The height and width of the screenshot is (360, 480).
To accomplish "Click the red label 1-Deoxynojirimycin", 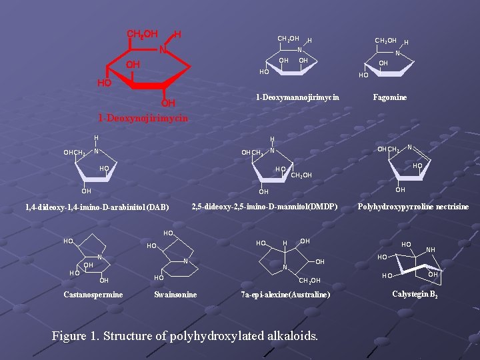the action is click(143, 118).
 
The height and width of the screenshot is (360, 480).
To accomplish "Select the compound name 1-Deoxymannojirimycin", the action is click(297, 97).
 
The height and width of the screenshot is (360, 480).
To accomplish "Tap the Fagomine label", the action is click(390, 97).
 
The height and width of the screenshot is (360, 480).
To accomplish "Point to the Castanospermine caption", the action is click(93, 295).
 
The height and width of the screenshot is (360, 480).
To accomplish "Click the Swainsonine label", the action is click(175, 295).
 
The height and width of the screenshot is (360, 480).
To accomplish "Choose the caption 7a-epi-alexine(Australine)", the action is click(285, 295).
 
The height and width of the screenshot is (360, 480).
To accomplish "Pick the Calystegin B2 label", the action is click(415, 294).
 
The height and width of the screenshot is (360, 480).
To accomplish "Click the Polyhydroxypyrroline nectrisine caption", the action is click(413, 207).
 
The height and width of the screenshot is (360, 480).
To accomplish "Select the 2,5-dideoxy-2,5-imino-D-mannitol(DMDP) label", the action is click(265, 207).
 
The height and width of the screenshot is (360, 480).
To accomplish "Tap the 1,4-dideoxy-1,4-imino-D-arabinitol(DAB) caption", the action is click(97, 207).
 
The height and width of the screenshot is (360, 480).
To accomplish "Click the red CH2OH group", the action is click(143, 34).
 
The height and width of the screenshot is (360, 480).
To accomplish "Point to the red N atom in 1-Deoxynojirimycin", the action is click(163, 49).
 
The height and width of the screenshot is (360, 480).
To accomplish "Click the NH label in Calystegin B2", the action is click(431, 250).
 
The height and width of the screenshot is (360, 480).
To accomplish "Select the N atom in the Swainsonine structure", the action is click(185, 261).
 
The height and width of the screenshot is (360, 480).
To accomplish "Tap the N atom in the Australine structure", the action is click(285, 267).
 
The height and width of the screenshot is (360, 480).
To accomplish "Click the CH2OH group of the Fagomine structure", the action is click(386, 41).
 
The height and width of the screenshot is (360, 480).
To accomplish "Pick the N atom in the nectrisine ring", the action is click(409, 147).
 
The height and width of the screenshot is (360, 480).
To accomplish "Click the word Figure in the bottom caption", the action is click(69, 336).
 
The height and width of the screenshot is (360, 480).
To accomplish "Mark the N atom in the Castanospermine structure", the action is click(99, 257).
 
